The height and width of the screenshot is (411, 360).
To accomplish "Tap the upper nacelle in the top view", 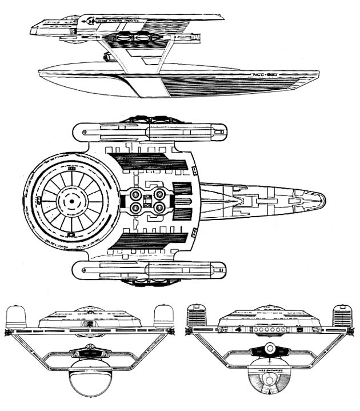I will coord(149,131).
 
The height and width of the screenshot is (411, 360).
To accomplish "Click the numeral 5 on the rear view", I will coord(299,330).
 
